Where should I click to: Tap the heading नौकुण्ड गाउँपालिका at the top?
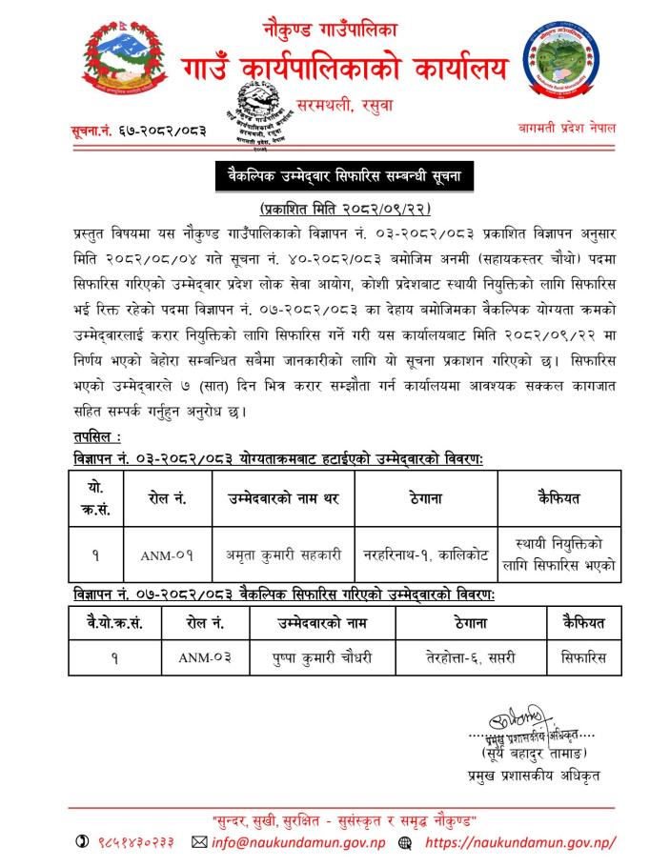pos(330,30)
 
